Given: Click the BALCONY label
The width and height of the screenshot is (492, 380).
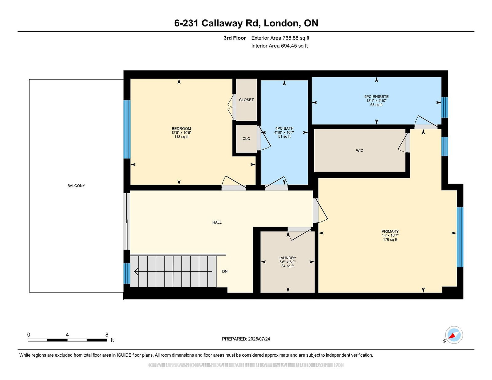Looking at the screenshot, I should click(76, 186).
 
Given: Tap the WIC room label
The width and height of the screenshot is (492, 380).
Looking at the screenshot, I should click(359, 151).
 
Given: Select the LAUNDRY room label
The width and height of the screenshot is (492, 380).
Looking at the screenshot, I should click(287, 258).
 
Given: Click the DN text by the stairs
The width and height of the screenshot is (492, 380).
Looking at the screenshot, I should click(225, 271).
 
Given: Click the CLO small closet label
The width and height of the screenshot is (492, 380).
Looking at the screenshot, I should click(246, 139).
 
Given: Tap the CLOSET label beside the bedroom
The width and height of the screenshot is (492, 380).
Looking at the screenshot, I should click(246, 100).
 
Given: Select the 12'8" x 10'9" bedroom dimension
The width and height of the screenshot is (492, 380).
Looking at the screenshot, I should click(181, 133).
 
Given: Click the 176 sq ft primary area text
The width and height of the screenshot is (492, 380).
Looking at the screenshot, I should click(390, 239).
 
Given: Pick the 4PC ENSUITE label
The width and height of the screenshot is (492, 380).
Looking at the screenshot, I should click(376, 96).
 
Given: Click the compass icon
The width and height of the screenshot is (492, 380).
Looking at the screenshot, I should click(454, 335).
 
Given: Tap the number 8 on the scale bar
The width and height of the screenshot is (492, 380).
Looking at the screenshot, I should click(107, 335).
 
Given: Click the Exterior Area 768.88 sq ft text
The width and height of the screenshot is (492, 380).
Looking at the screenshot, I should click(280, 38).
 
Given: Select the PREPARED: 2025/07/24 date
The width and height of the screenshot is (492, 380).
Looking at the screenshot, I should click(246, 339).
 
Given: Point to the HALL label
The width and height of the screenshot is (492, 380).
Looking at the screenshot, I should click(217, 222).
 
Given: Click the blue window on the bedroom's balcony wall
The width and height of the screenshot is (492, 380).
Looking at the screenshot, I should click(127, 129).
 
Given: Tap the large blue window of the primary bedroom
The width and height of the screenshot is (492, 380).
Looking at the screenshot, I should click(460, 237).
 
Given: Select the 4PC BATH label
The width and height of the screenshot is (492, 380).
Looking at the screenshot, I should click(284, 128).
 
